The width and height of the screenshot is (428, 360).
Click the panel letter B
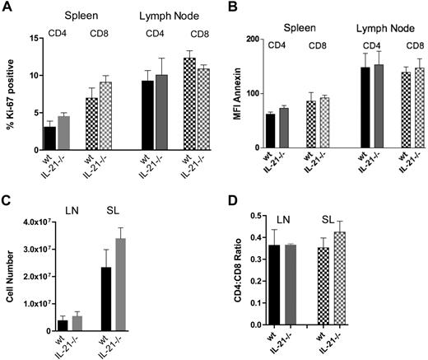pyautogui.click(x=229, y=7)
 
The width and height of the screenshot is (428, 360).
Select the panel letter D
pyautogui.click(x=229, y=202)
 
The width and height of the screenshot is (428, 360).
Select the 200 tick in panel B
pyautogui.click(x=257, y=38)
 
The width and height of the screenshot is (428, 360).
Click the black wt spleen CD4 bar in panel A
pyautogui.click(x=50, y=138)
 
